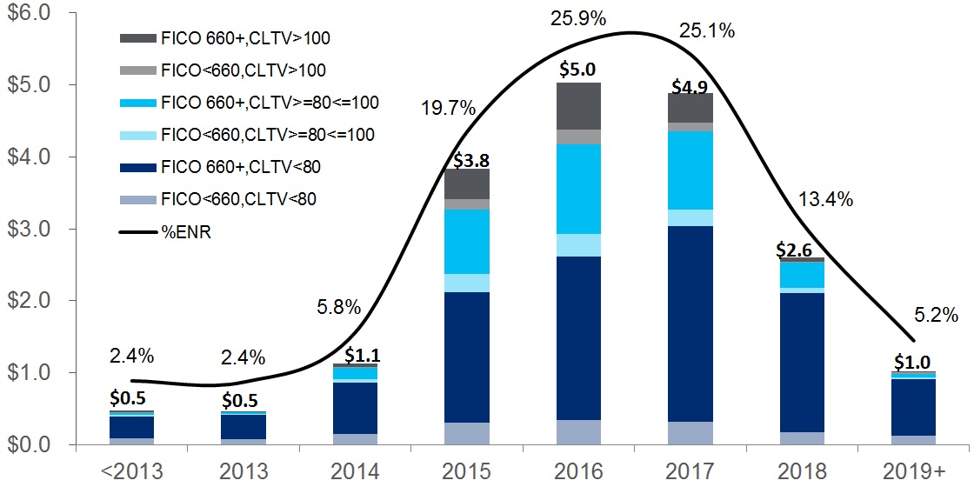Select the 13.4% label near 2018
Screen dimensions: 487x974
point(825,199)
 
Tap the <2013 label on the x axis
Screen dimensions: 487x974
point(131,470)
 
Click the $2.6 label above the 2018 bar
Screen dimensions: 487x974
point(799,249)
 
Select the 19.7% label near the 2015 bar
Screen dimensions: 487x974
point(449,109)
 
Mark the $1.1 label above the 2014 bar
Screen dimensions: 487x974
point(361,355)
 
